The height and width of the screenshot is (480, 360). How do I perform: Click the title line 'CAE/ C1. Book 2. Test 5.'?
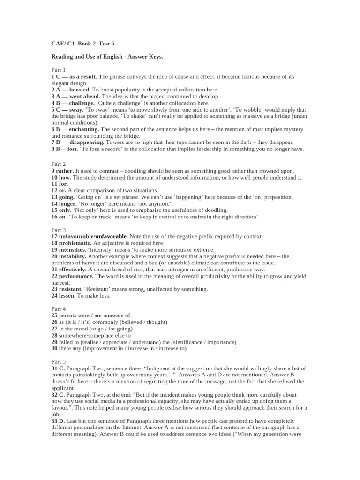click(x=83, y=44)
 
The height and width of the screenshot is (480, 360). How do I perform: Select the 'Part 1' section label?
click(x=59, y=70)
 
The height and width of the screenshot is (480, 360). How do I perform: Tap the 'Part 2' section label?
click(x=59, y=165)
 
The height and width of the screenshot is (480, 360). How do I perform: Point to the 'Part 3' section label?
click(x=59, y=230)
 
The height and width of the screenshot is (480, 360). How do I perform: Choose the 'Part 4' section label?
click(x=59, y=309)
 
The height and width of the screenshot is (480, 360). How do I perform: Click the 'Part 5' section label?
click(x=59, y=362)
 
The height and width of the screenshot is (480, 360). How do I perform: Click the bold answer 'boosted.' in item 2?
click(x=80, y=90)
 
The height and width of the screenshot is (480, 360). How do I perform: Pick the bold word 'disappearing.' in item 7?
click(x=87, y=142)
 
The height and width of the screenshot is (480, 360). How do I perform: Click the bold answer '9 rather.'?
click(x=62, y=171)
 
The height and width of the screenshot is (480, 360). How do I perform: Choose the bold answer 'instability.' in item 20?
click(x=73, y=256)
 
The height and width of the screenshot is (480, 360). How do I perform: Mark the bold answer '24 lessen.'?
click(x=63, y=296)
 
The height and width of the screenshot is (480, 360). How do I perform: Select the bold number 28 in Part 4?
click(x=54, y=336)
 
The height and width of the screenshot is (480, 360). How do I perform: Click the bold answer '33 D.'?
click(x=58, y=421)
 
